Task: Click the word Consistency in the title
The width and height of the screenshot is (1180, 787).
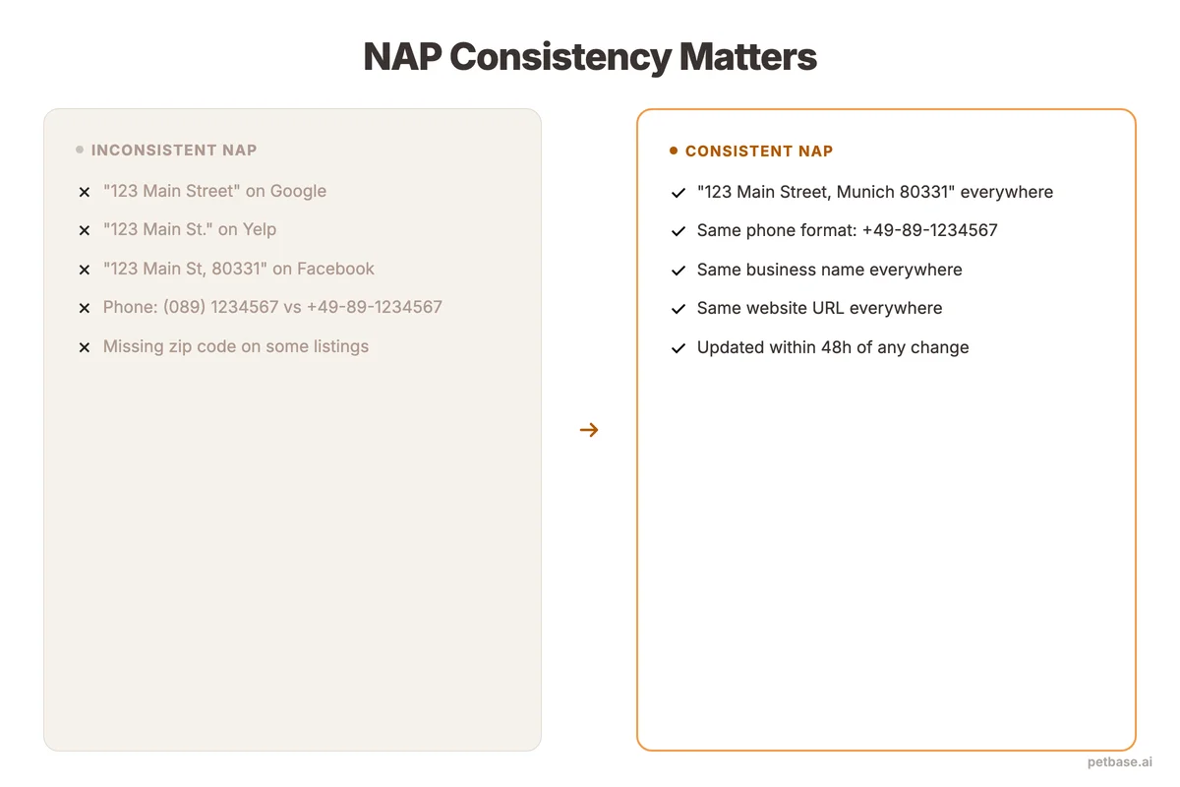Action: pyautogui.click(x=560, y=58)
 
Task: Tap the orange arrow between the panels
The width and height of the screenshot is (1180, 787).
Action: pyautogui.click(x=589, y=430)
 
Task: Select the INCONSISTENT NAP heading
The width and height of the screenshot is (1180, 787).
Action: pyautogui.click(x=174, y=151)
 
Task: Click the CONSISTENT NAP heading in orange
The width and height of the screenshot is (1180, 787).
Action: pyautogui.click(x=759, y=151)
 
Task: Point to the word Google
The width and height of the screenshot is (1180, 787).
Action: pyautogui.click(x=298, y=191)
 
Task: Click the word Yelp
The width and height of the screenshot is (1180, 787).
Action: pyautogui.click(x=260, y=229)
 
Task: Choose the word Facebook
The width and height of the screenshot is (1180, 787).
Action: pyautogui.click(x=335, y=269)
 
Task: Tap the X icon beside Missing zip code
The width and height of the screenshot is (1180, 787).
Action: pyautogui.click(x=85, y=347)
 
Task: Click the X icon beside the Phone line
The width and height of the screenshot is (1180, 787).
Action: pyautogui.click(x=85, y=308)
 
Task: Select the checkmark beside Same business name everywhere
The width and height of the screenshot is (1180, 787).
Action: pyautogui.click(x=678, y=271)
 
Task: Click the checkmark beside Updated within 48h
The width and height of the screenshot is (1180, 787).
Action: pyautogui.click(x=678, y=348)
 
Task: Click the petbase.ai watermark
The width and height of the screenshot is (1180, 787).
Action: pyautogui.click(x=1119, y=762)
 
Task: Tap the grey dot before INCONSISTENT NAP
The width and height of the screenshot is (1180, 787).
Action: pyautogui.click(x=80, y=151)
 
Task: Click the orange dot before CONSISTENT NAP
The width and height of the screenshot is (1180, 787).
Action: pyautogui.click(x=674, y=151)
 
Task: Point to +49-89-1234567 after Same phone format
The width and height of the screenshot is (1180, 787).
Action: pyautogui.click(x=929, y=230)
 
